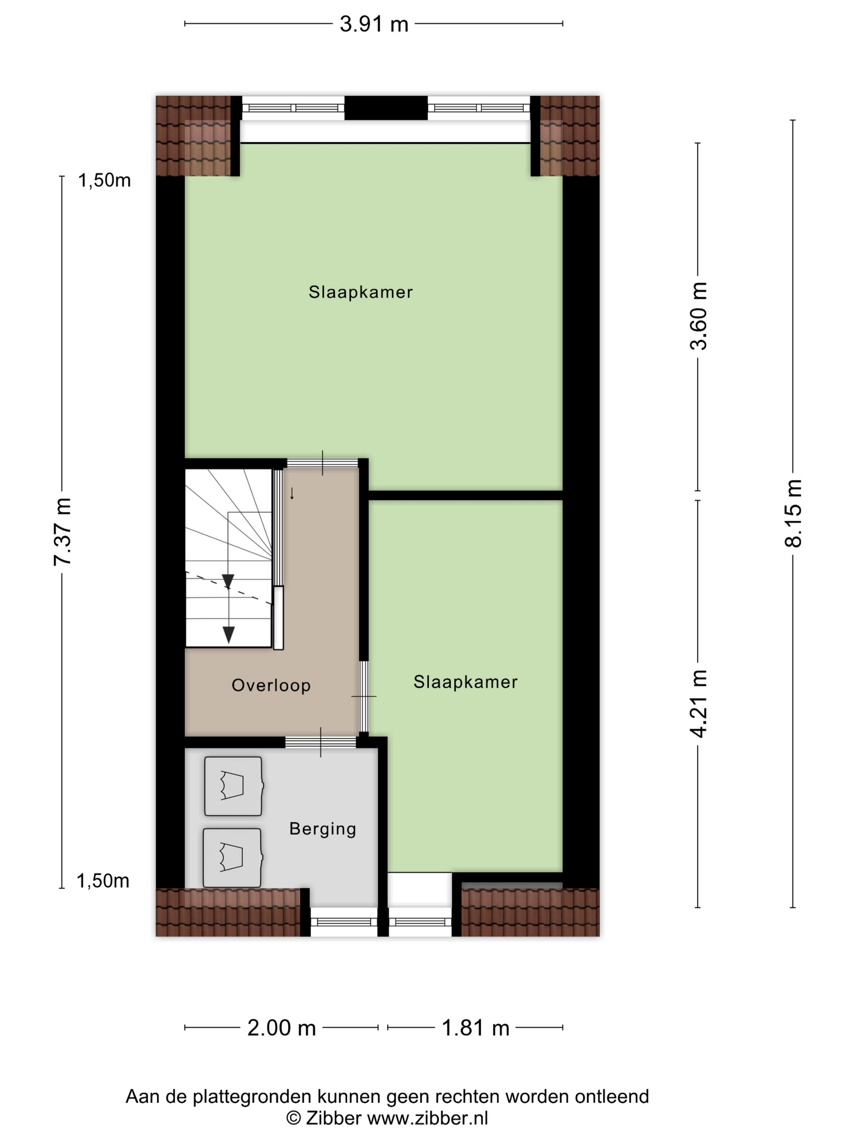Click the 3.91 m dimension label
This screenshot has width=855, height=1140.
click(x=374, y=24)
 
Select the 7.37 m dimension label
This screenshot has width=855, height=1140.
click(x=62, y=531)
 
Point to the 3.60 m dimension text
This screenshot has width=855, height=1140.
click(x=699, y=316)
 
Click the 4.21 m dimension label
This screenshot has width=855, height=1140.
click(x=699, y=704)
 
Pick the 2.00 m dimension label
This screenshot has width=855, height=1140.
click(x=281, y=1028)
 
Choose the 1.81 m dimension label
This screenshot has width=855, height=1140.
click(x=475, y=1028)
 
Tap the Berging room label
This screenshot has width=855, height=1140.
click(x=322, y=829)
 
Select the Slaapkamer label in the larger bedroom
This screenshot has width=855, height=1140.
click(x=361, y=292)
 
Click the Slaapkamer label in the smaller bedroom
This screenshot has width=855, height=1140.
click(x=465, y=682)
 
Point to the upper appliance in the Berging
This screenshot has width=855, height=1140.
click(x=233, y=786)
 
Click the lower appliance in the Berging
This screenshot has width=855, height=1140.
click(x=232, y=857)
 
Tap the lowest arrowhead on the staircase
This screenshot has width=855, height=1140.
click(x=228, y=634)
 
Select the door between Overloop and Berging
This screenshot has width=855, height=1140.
click(x=320, y=742)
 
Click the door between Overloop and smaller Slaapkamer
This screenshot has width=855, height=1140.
click(x=364, y=696)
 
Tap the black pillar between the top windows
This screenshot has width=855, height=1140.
click(x=386, y=108)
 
